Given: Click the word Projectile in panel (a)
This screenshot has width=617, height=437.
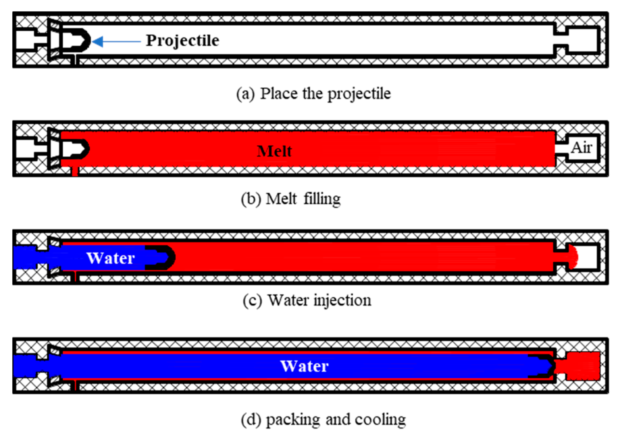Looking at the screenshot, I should pos(183,41).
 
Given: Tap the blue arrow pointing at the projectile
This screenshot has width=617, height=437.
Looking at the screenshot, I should pos(116,42).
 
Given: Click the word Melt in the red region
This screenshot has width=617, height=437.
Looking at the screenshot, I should pos(274,151).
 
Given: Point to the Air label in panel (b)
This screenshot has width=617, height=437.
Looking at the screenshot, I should pos(581,148).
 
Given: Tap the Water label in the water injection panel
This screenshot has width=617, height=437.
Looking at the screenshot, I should pos(111,258).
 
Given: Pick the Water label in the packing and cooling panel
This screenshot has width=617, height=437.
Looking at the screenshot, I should pos(304,366).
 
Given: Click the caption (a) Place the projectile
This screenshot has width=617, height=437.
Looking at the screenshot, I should pos(313,94).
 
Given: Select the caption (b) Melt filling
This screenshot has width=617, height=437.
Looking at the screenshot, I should pos(291,199).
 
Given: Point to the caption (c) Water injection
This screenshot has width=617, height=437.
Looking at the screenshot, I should pos(307,300).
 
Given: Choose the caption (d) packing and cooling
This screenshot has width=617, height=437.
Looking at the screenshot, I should pos(323,420).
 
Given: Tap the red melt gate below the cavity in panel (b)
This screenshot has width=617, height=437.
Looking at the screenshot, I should pos(75,171).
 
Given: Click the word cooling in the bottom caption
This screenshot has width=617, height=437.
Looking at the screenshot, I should pos(380,420).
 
